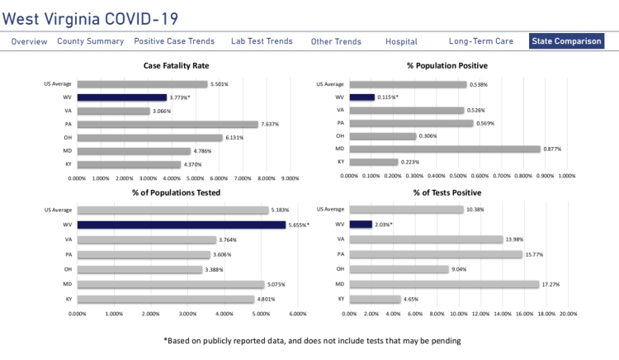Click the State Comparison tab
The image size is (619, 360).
(566, 41)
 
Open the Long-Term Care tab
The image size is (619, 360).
(481, 41)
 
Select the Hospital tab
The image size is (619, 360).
(401, 41)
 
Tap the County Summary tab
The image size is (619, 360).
(91, 41)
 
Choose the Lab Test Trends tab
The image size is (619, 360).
(262, 41)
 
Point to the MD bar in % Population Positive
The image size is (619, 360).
(445, 149)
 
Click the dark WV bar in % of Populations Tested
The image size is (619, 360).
(182, 225)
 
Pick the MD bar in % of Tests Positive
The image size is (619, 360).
(444, 284)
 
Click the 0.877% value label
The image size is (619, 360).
(554, 149)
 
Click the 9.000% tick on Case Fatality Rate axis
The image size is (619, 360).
(290, 178)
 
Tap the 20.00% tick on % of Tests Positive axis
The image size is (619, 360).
(568, 314)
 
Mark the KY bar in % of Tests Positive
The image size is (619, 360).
(375, 299)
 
